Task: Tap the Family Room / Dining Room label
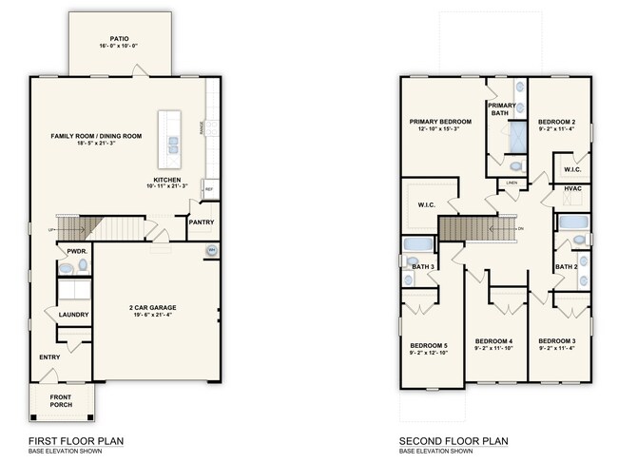[96, 136]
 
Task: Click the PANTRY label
[201, 223]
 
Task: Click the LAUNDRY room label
[73, 315]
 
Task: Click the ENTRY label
[49, 357]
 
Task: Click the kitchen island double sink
[175, 144]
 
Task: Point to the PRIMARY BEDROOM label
[440, 122]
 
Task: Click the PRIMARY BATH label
[502, 109]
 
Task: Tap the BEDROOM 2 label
[554, 122]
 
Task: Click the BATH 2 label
[567, 267]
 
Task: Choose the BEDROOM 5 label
[429, 344]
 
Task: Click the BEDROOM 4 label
[493, 341]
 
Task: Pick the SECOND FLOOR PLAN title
[454, 441]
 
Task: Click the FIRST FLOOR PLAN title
[75, 441]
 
